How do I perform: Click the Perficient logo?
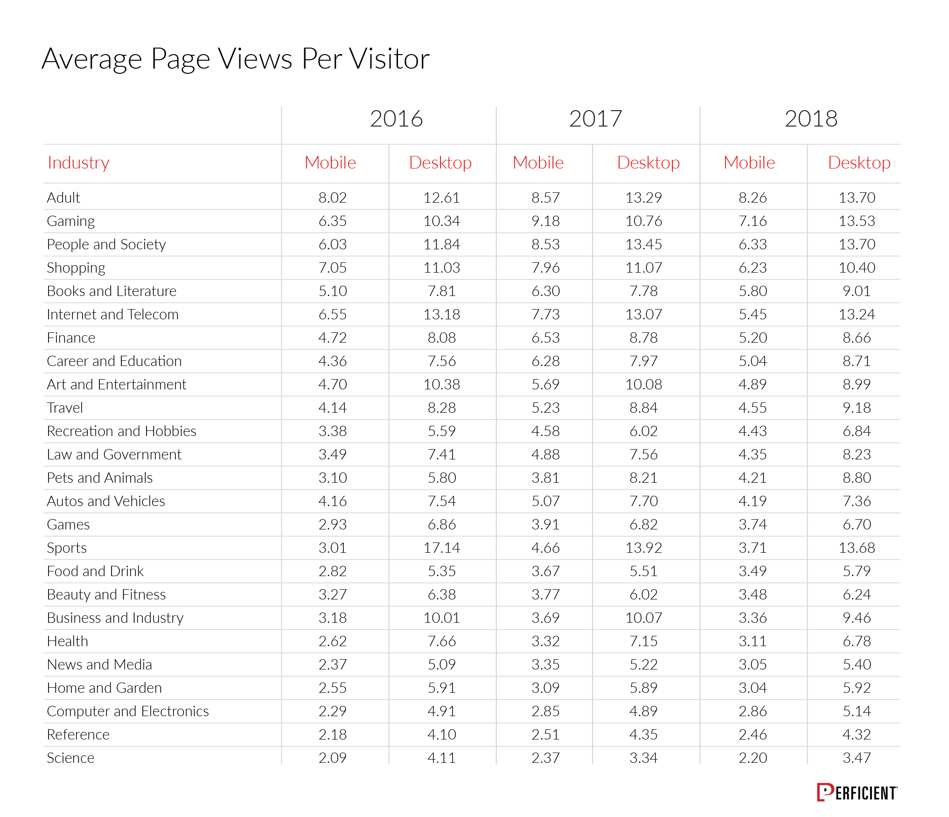point(857,792)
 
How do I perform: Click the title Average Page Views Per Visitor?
point(236,59)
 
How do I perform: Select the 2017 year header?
point(595,119)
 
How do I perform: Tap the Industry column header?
point(78,162)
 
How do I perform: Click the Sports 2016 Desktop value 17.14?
point(441,548)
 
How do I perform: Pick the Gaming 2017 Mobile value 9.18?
point(545,221)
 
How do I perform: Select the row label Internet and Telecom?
point(112,314)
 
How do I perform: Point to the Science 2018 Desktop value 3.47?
point(857,758)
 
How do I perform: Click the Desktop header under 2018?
point(859,162)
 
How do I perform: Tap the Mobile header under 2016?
point(330,162)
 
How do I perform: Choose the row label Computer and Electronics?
point(128,711)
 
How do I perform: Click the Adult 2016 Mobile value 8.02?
point(332,197)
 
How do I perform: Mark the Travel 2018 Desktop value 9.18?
point(857,408)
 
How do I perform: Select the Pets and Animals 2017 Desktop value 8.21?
point(643,478)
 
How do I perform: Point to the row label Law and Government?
point(114,454)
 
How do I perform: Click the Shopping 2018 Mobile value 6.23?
point(753,268)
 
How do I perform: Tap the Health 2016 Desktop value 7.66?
point(441,641)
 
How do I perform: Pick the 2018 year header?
point(811,119)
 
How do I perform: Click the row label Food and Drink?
point(95,571)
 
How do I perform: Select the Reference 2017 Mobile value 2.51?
point(545,734)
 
